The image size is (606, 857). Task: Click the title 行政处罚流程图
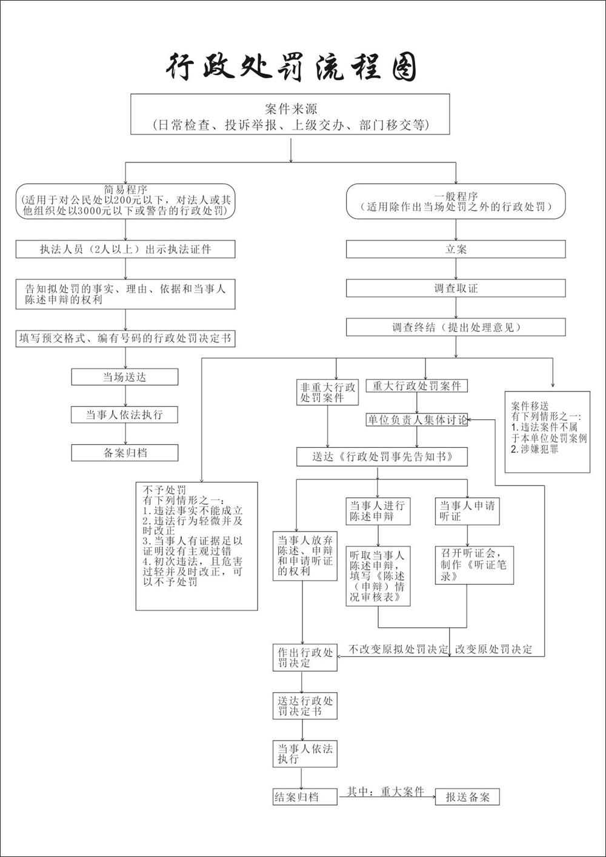coord(291,67)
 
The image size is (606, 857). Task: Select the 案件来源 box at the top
coord(290,114)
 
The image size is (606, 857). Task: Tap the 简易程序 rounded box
coord(125,201)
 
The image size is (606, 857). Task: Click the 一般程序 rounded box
coord(456,201)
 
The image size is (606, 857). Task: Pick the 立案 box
coord(456,249)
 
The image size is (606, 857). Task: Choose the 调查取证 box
coord(456,288)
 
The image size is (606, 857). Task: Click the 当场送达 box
coord(125,377)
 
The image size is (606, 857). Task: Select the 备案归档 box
coord(125,453)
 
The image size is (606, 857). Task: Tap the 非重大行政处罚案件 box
coord(327,392)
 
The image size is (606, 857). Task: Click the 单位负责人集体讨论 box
coord(417,420)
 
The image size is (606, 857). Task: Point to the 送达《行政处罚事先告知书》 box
coord(382,456)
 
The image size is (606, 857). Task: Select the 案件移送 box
coord(547,432)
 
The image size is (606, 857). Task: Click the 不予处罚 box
coord(196,546)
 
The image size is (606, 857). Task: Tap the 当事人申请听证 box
coord(467,511)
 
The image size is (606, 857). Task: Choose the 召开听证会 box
coord(474,565)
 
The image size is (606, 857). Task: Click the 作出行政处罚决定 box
coord(305,658)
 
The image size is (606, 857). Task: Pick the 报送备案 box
coord(467,796)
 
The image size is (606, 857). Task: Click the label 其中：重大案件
coord(385,791)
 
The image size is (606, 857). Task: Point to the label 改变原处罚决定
coord(493,649)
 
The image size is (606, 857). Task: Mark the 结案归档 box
coord(305,796)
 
